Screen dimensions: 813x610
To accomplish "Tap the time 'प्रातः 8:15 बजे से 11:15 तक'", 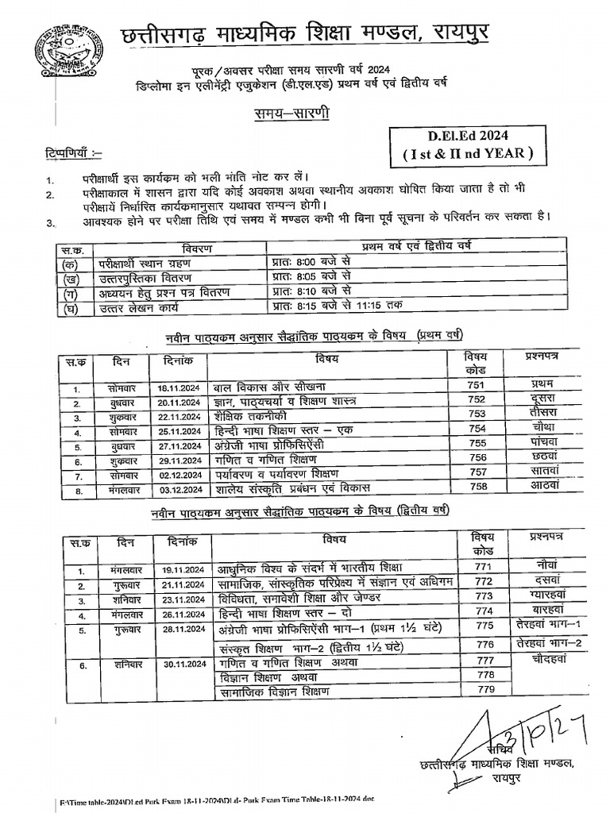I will [337, 306].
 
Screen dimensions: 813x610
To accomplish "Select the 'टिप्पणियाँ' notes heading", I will [68, 152].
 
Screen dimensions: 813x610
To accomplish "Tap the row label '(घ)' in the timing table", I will [66, 306].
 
